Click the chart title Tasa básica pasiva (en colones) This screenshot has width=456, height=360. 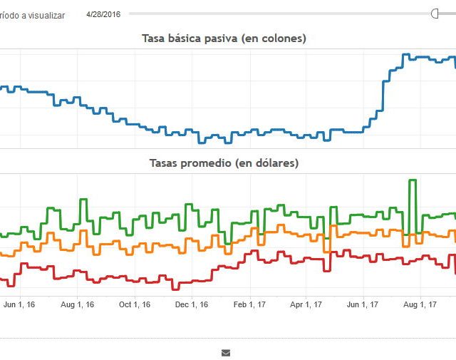pos(224,38)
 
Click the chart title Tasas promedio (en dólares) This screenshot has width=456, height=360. pos(224,163)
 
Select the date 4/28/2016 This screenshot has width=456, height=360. pos(103,14)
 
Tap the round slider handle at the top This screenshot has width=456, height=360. pos(437,14)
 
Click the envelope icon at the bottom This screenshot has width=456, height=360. pos(226,352)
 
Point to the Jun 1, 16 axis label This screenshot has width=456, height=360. pos(19,304)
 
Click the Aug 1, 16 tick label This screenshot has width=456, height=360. pos(78,304)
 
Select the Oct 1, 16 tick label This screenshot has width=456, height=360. pos(135,304)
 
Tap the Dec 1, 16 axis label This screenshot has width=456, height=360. pos(192,304)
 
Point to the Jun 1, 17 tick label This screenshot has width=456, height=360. pos(363,304)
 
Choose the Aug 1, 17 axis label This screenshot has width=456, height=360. pos(420,304)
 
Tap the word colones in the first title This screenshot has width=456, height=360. pos(281,38)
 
